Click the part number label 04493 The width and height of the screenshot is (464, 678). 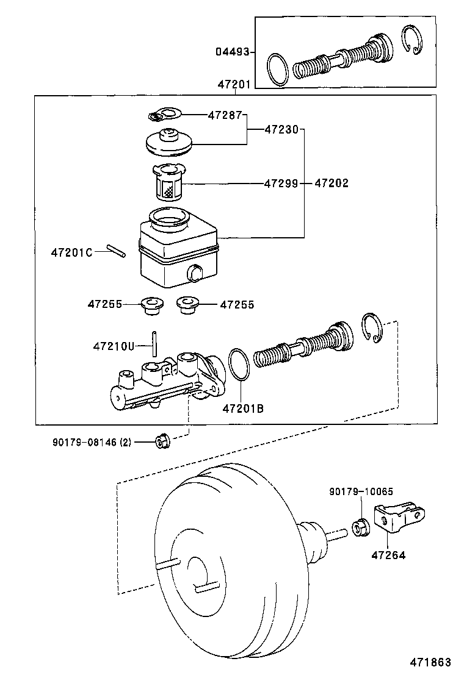pyautogui.click(x=232, y=52)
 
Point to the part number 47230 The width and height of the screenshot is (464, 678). pyautogui.click(x=281, y=129)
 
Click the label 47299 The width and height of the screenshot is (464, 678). pyautogui.click(x=281, y=183)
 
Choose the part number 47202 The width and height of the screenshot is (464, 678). pyautogui.click(x=332, y=183)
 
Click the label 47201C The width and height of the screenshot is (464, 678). pyautogui.click(x=71, y=252)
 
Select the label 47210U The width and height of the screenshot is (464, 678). pyautogui.click(x=113, y=346)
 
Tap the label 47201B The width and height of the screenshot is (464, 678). pyautogui.click(x=243, y=409)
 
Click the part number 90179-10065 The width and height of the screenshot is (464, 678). pyautogui.click(x=361, y=491)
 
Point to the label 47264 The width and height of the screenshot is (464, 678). pyautogui.click(x=388, y=555)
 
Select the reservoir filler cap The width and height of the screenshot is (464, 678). pyautogui.click(x=169, y=142)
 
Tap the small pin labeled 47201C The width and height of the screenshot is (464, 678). pyautogui.click(x=115, y=251)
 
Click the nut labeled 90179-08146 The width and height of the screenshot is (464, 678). pyautogui.click(x=162, y=440)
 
